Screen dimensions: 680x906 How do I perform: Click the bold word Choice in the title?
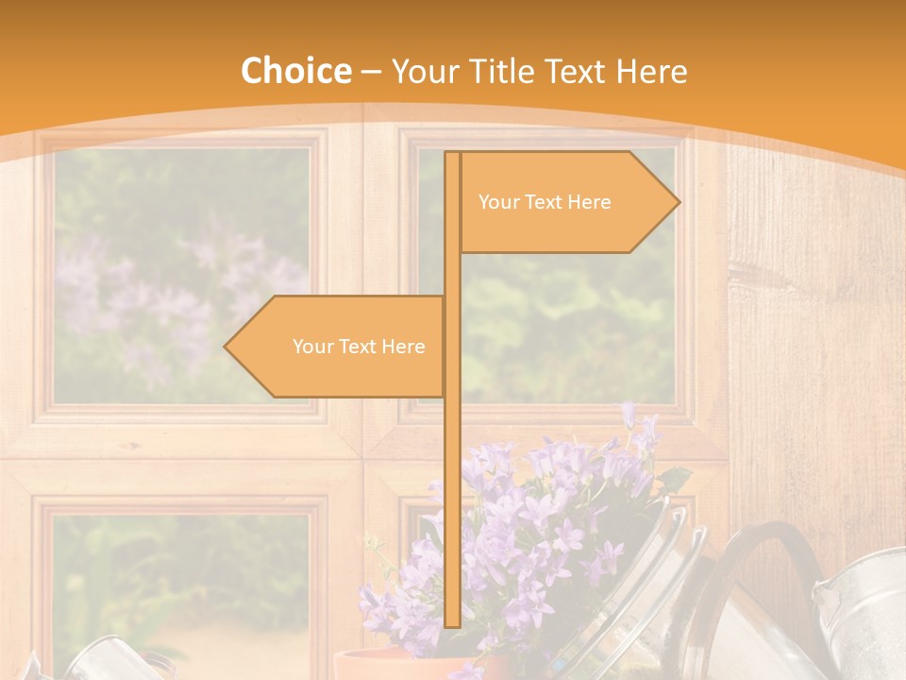coord(295,72)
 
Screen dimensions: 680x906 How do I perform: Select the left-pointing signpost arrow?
coord(340,347)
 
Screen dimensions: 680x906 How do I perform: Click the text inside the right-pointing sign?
coord(545,202)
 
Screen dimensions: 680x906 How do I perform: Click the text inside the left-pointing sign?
coord(359,347)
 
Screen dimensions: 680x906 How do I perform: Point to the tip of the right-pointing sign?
coord(677,202)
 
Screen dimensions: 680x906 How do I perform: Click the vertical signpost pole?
coord(452,472)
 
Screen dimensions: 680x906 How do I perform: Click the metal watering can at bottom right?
coord(859,614)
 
